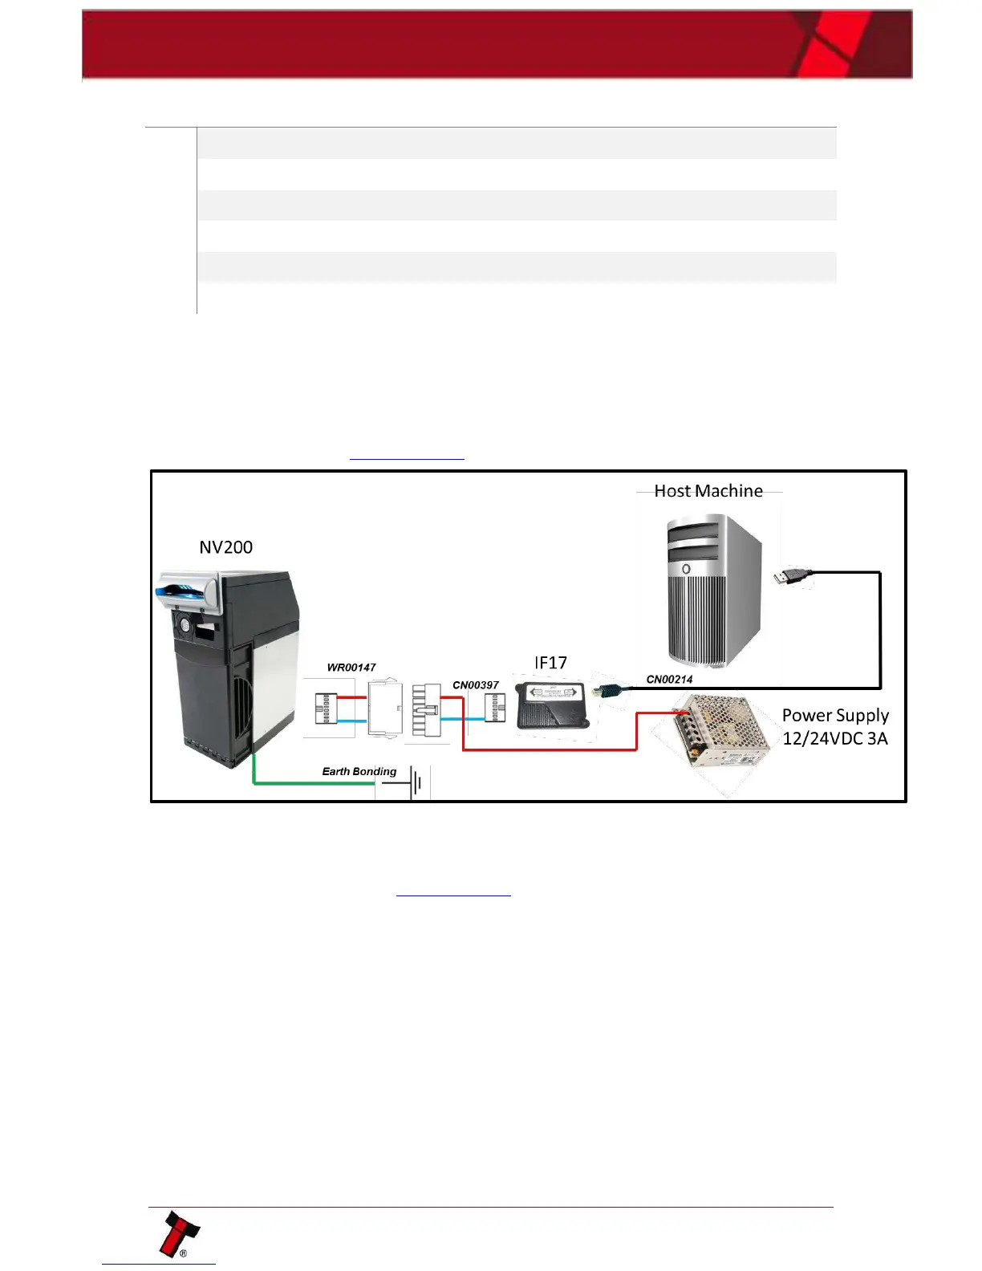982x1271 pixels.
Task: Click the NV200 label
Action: coord(225,547)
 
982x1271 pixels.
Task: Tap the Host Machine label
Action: coord(708,491)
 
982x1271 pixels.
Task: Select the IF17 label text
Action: coord(551,663)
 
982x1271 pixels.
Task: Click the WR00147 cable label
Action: coord(351,668)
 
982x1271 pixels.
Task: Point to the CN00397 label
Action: coord(476,685)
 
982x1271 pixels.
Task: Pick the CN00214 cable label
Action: coord(669,680)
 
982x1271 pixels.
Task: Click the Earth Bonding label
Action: coord(359,771)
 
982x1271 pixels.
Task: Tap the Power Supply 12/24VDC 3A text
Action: coord(835,727)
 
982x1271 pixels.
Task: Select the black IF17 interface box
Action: coord(552,705)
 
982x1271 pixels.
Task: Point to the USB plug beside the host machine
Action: coord(793,576)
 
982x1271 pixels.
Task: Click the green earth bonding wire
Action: coord(313,782)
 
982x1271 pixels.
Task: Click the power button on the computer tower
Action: coord(687,568)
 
